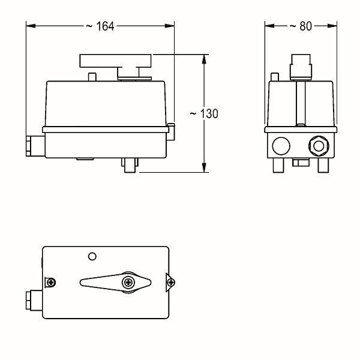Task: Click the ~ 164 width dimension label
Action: coord(100,26)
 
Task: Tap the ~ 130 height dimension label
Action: coord(204,113)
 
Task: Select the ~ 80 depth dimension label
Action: coord(301,26)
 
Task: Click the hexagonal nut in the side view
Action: coord(319,146)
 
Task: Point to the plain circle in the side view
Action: coord(281,146)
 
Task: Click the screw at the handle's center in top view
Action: coord(128,283)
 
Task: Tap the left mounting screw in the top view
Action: coord(51,283)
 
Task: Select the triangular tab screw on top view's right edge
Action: coord(170,283)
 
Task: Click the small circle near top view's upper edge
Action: coord(92,256)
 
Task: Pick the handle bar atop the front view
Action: coord(115,61)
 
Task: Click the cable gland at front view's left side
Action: coord(35,146)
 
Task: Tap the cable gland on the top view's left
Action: coord(34,301)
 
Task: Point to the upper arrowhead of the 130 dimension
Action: coord(204,59)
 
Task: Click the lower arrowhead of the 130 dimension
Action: coord(204,167)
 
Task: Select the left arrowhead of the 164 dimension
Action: coord(31,26)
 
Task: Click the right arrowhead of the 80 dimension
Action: coord(332,26)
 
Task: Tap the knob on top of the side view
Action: coord(301,67)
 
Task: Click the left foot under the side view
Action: coord(278,166)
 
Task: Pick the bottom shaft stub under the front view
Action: coord(130,166)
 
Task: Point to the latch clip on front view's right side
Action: coord(170,132)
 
